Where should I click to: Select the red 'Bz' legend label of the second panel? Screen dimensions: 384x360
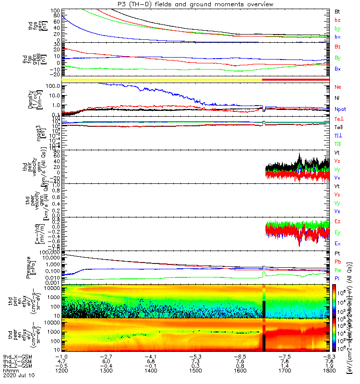pos(338,47)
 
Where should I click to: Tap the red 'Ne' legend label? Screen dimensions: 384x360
pos(338,87)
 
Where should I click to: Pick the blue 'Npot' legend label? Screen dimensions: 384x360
pos(340,109)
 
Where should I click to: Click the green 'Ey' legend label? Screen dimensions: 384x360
pos(338,233)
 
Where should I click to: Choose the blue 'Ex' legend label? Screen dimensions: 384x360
pos(338,244)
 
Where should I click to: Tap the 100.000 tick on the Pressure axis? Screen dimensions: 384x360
pos(50,252)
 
